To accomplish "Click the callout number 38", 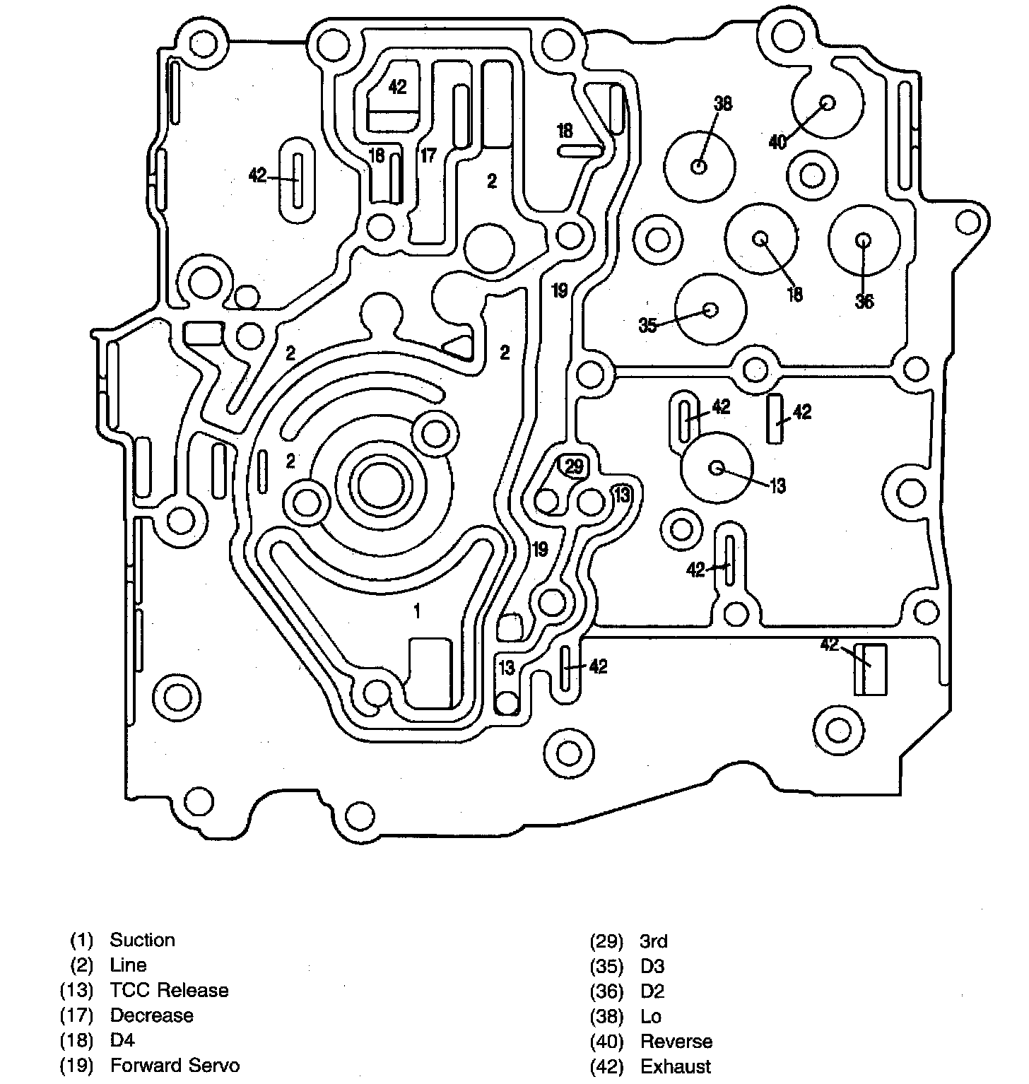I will coord(722,104).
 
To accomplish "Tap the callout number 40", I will coord(777,141).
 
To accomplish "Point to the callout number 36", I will coord(864,302).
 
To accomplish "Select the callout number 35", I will coord(648,325).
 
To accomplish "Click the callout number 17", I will coord(428,155).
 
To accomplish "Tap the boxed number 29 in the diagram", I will coord(574,466).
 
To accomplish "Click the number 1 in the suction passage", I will coord(417,611).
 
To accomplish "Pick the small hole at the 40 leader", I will coord(827,102).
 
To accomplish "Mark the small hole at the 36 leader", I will coord(864,240).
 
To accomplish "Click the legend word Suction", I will coord(142,940).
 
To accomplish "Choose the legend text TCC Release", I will coord(169,990).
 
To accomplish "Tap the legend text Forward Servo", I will coord(175,1066).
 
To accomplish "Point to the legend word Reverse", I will coord(676,1041).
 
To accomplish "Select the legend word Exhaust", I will coord(676,1066).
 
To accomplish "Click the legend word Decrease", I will coord(151,1015).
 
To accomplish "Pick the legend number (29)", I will coord(606,941).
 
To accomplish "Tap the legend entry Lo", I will coord(651,1016).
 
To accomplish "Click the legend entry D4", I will coord(122,1040).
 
